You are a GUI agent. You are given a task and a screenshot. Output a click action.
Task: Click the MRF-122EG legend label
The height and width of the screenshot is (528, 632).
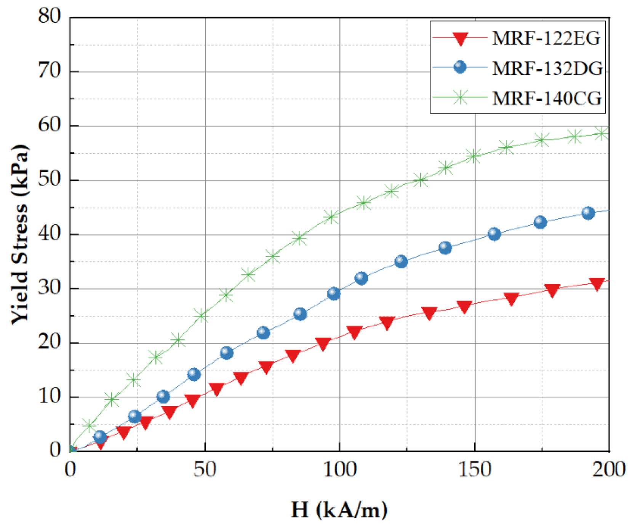click(546, 38)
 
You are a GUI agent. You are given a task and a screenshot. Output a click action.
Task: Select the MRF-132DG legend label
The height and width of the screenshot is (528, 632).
click(547, 68)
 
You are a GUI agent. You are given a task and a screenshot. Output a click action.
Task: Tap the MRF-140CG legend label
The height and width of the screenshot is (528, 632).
click(547, 99)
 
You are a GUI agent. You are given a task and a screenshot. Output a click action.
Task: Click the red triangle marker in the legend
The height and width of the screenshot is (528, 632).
click(460, 38)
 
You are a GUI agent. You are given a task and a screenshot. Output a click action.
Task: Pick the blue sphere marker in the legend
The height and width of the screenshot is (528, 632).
click(460, 67)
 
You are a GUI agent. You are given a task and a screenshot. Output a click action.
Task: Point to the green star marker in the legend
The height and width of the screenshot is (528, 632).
click(460, 98)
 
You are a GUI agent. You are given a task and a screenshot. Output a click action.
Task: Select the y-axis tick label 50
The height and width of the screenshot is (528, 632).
click(50, 180)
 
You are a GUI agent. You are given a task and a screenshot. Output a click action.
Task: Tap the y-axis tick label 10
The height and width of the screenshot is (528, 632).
click(50, 397)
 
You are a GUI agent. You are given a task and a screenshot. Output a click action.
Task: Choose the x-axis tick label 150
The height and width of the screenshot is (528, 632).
click(475, 469)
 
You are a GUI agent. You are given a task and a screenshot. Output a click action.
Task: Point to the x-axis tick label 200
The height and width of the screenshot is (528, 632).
click(608, 469)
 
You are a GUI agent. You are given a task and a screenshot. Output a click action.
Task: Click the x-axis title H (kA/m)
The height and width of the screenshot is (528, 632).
click(339, 509)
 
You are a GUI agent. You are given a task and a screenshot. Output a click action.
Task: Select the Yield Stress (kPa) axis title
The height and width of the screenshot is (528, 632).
click(20, 234)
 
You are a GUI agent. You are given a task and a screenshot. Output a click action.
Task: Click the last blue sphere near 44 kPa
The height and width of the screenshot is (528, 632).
click(588, 213)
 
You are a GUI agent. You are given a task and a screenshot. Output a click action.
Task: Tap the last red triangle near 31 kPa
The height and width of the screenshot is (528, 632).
click(597, 284)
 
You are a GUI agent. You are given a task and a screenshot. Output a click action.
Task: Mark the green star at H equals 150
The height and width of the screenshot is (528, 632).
click(474, 156)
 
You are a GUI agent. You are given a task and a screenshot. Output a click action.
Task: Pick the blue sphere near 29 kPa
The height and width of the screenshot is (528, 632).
click(334, 293)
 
